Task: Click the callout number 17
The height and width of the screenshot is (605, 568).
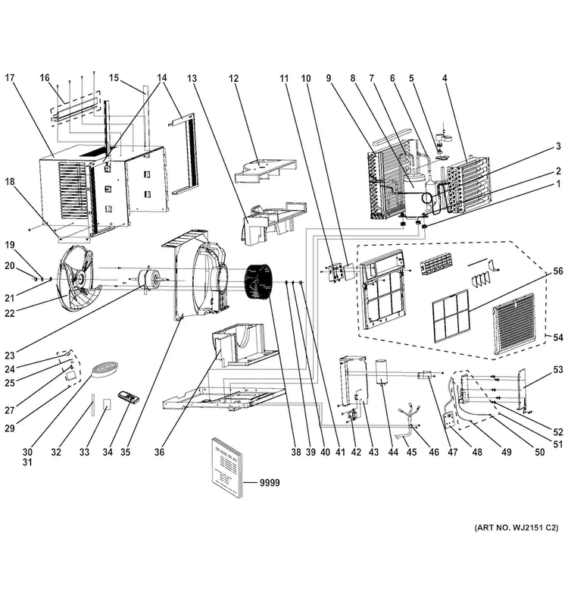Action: pyautogui.click(x=10, y=77)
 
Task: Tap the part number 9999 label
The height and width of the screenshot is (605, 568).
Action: pyautogui.click(x=270, y=483)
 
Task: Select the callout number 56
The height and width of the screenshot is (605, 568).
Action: pyautogui.click(x=558, y=271)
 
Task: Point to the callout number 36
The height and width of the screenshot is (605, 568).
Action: pyautogui.click(x=159, y=452)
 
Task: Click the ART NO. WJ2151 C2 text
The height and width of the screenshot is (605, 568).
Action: pyautogui.click(x=517, y=528)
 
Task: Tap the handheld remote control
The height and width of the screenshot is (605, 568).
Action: pyautogui.click(x=128, y=397)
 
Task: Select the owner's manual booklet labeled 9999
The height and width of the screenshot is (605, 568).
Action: pyautogui.click(x=227, y=468)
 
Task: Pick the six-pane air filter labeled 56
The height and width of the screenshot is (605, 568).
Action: pyautogui.click(x=451, y=317)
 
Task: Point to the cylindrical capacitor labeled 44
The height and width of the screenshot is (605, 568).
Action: pyautogui.click(x=382, y=372)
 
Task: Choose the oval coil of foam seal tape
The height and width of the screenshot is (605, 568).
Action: pyautogui.click(x=105, y=366)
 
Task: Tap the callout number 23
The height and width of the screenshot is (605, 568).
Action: pyautogui.click(x=10, y=356)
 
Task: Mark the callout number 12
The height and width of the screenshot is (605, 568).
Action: pyautogui.click(x=234, y=78)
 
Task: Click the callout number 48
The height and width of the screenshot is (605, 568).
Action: pyautogui.click(x=477, y=452)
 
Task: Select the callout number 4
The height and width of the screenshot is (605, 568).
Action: pyautogui.click(x=445, y=78)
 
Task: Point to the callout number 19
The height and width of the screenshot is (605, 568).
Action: pyautogui.click(x=10, y=245)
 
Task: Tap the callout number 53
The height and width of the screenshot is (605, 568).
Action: pyautogui.click(x=558, y=370)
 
